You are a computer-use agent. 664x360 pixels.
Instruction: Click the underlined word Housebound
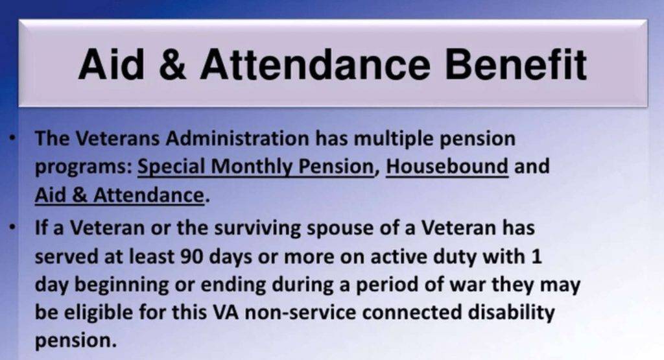coord(447,167)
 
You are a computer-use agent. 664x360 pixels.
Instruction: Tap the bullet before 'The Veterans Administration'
coord(13,139)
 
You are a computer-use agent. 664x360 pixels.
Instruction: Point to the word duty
coord(475,256)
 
